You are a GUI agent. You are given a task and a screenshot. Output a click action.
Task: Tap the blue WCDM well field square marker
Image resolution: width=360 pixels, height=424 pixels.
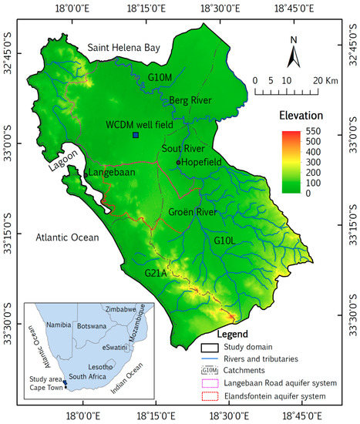tap(136, 135)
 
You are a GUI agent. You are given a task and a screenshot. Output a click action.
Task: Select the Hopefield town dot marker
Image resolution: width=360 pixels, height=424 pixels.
tap(178, 162)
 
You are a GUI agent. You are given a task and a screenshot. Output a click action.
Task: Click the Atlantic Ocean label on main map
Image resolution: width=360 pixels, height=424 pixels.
tap(68, 237)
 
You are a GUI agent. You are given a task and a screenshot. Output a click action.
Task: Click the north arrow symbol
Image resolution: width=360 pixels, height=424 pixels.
tap(293, 55)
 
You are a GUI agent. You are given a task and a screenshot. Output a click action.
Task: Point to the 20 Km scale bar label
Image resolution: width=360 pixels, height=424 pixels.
tap(321, 79)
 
